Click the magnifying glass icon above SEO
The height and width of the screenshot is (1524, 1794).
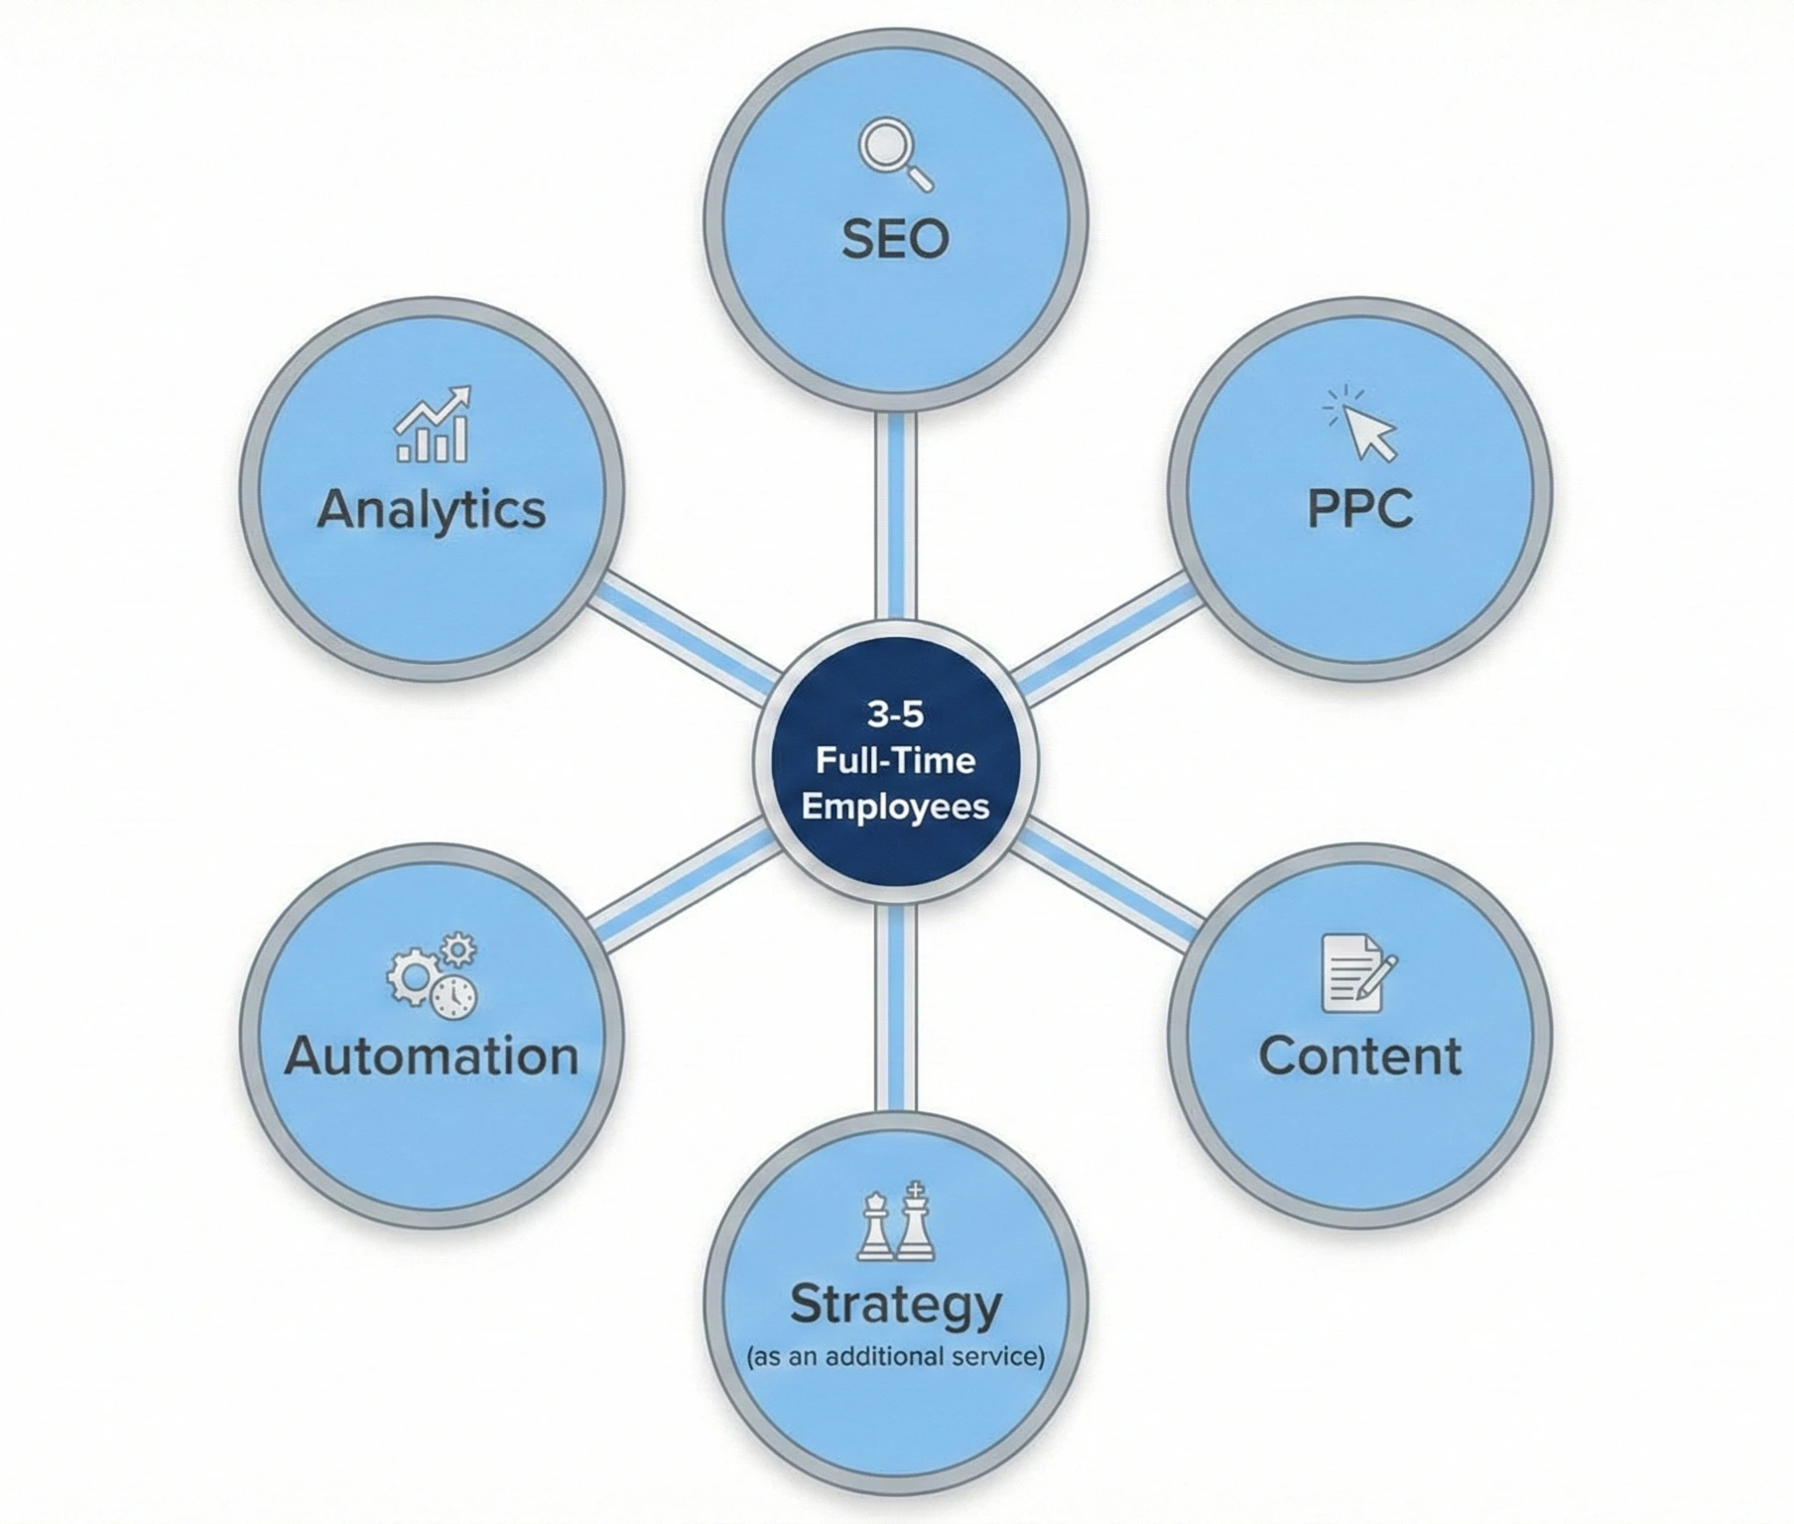click(894, 153)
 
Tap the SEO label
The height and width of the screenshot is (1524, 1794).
click(895, 239)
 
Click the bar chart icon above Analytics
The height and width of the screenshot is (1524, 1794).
click(434, 426)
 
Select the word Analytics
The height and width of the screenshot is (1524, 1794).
click(432, 510)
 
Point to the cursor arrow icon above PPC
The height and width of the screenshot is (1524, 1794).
click(1361, 425)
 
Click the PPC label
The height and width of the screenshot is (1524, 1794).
click(1359, 509)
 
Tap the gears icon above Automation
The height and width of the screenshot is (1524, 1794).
click(433, 974)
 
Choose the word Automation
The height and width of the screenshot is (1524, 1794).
click(432, 1056)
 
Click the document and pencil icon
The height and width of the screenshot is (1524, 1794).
click(1357, 973)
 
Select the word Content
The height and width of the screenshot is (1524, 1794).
click(1359, 1056)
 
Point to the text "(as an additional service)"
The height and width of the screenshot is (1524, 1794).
click(895, 1356)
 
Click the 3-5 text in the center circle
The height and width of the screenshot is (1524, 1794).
click(895, 713)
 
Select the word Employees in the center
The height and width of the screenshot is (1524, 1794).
click(895, 806)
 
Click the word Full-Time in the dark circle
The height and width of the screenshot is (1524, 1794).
click(895, 761)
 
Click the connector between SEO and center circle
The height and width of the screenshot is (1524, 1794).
click(896, 516)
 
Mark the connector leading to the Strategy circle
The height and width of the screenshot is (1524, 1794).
click(896, 1007)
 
